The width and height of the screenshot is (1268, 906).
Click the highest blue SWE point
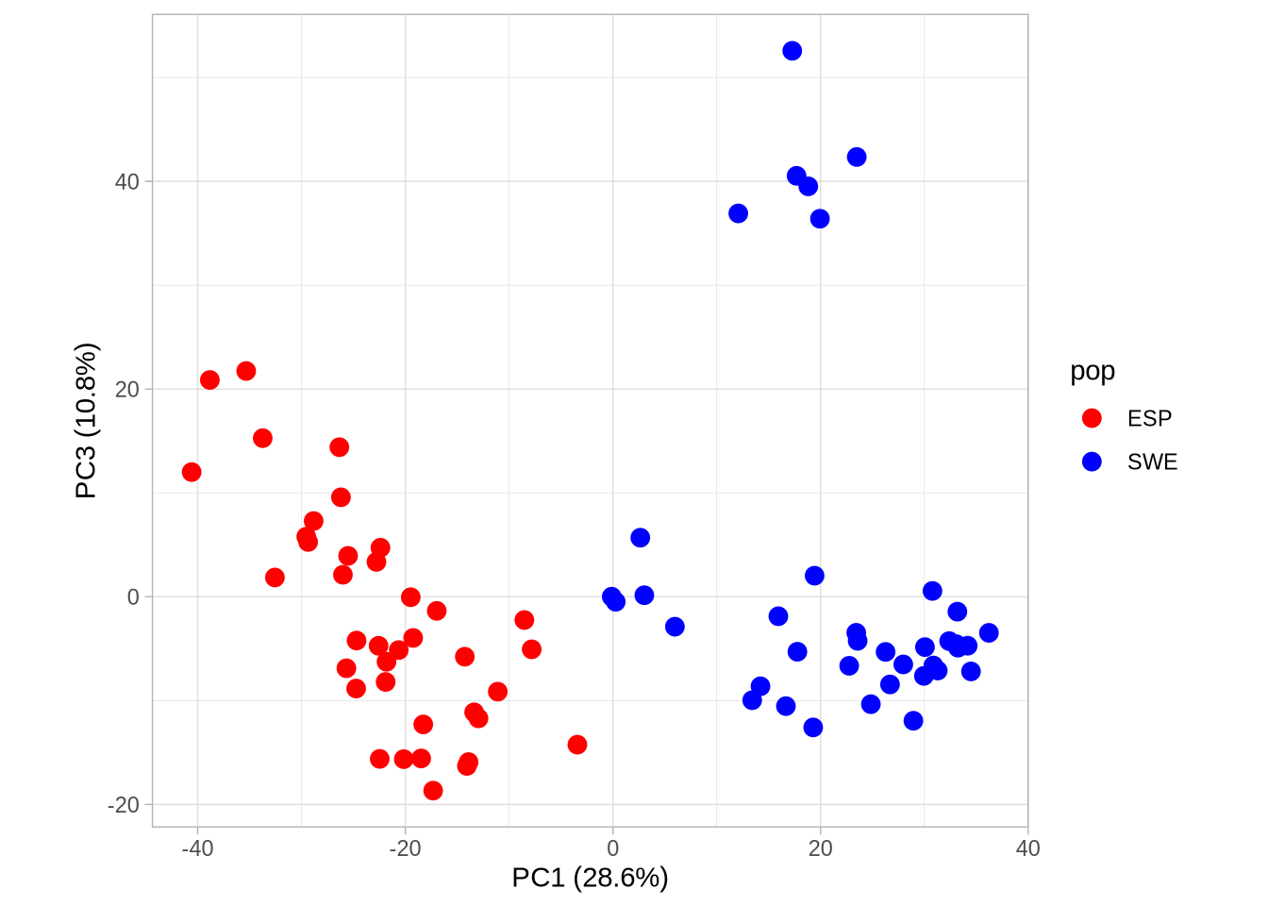[x=792, y=51]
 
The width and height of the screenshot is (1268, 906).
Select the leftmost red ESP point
[x=192, y=472]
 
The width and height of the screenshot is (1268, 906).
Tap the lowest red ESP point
[x=433, y=791]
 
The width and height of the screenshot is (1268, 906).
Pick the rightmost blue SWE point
[x=989, y=632]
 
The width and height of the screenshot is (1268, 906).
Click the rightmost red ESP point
[x=577, y=745]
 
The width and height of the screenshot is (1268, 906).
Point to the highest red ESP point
[x=246, y=371]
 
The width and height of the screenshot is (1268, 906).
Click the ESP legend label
[x=1149, y=418]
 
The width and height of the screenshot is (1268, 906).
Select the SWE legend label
[x=1152, y=461]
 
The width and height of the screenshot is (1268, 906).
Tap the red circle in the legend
[x=1092, y=418]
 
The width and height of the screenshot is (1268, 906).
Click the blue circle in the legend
[x=1092, y=461]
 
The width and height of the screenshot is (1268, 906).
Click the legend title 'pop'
[x=1093, y=371]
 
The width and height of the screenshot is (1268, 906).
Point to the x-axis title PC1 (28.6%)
[x=590, y=878]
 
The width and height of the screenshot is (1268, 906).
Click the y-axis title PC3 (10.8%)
[x=86, y=420]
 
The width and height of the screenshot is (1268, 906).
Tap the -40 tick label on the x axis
[x=197, y=848]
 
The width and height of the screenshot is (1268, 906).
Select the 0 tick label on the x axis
[x=613, y=848]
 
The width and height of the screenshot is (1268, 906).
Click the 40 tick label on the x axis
[x=1027, y=848]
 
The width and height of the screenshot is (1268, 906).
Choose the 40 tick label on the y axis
[x=126, y=181]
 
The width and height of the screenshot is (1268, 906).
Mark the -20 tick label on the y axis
[x=124, y=805]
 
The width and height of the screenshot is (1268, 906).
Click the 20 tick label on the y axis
[x=126, y=389]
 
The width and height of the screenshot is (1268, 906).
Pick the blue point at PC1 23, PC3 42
[x=857, y=157]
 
